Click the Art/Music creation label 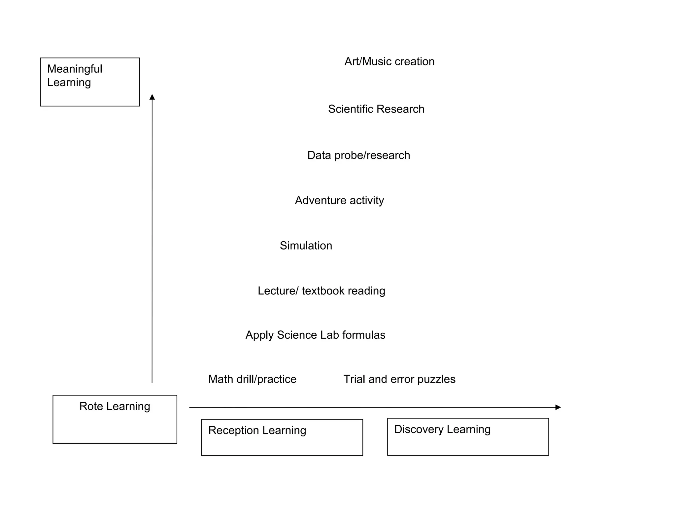(389, 62)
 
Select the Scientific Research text (376, 109)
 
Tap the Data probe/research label (358, 155)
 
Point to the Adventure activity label (339, 201)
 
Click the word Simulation (306, 246)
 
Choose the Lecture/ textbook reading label (321, 291)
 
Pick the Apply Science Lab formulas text (315, 335)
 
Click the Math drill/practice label (252, 380)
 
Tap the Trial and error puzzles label (399, 380)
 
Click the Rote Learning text (115, 406)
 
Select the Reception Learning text (257, 430)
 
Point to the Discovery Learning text (442, 429)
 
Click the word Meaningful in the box (75, 69)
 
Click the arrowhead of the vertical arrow (152, 97)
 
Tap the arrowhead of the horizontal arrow (558, 407)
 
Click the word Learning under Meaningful (69, 83)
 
